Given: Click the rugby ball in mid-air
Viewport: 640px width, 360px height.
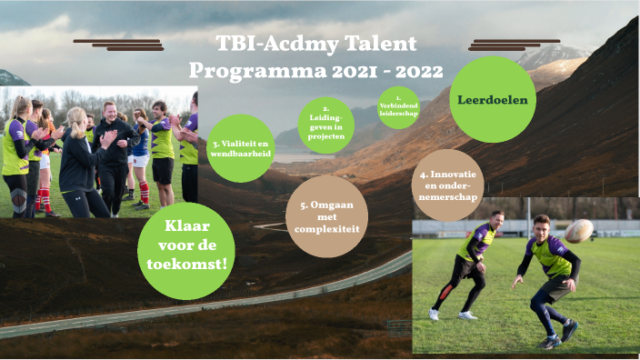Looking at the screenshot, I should point(578,231).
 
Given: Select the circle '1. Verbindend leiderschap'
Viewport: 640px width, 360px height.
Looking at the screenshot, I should point(398,107).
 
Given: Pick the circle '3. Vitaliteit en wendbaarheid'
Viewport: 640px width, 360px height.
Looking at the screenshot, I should point(241,148).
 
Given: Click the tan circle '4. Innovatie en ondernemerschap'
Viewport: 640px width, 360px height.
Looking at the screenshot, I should point(446,185).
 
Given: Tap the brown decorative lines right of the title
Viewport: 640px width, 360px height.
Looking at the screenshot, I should point(515,45).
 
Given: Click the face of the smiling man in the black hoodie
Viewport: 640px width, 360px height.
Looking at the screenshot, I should point(110,115).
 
